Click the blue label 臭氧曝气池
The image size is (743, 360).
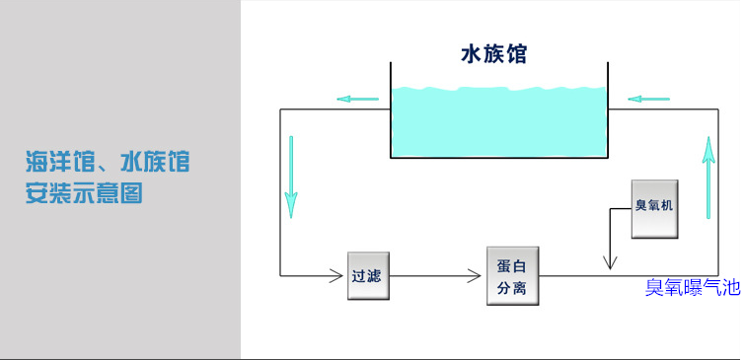click(691, 288)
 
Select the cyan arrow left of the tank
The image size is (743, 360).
click(357, 99)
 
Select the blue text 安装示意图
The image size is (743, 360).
click(84, 193)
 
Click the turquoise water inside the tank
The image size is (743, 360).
click(498, 123)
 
